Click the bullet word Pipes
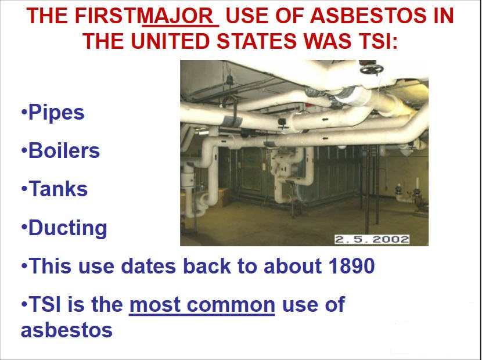56,113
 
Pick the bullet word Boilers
64,150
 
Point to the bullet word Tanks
58,189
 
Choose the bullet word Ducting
67,228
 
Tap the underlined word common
231,305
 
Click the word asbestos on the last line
67,330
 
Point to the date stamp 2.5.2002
372,239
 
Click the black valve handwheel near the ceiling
371,69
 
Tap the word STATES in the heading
257,41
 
